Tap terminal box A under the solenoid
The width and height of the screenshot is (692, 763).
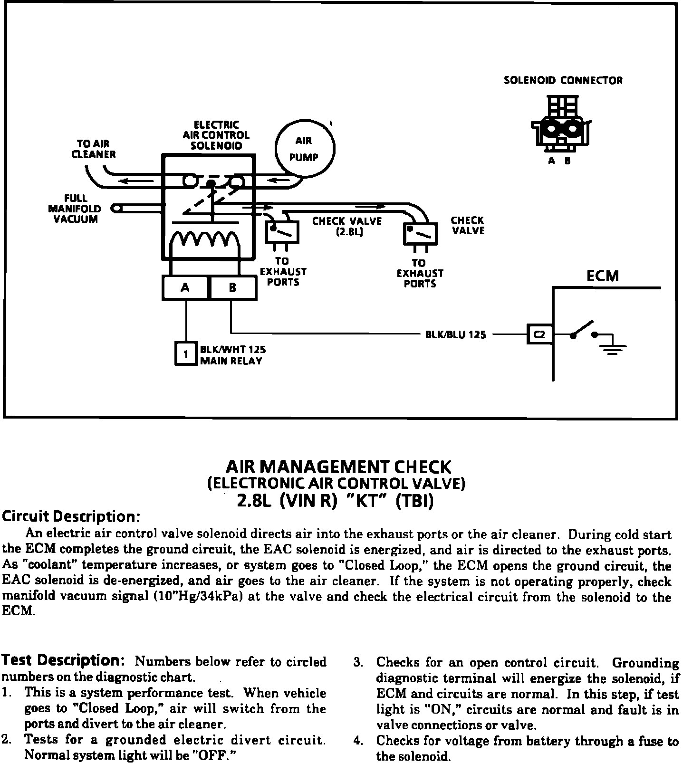(185, 287)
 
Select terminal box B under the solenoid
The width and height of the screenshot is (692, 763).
(232, 287)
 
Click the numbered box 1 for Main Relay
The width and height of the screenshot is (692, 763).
(186, 354)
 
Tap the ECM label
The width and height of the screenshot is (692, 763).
(603, 276)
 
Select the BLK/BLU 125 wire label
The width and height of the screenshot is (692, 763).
(455, 334)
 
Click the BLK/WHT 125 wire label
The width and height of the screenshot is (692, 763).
(233, 349)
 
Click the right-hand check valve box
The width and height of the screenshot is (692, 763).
(420, 234)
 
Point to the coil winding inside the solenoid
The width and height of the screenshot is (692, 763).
(204, 240)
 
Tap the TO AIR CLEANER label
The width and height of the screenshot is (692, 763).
(94, 149)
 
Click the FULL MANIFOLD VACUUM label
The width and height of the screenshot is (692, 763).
(75, 209)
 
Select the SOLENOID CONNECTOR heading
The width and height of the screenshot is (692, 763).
(563, 80)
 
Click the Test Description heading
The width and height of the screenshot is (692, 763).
(63, 660)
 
